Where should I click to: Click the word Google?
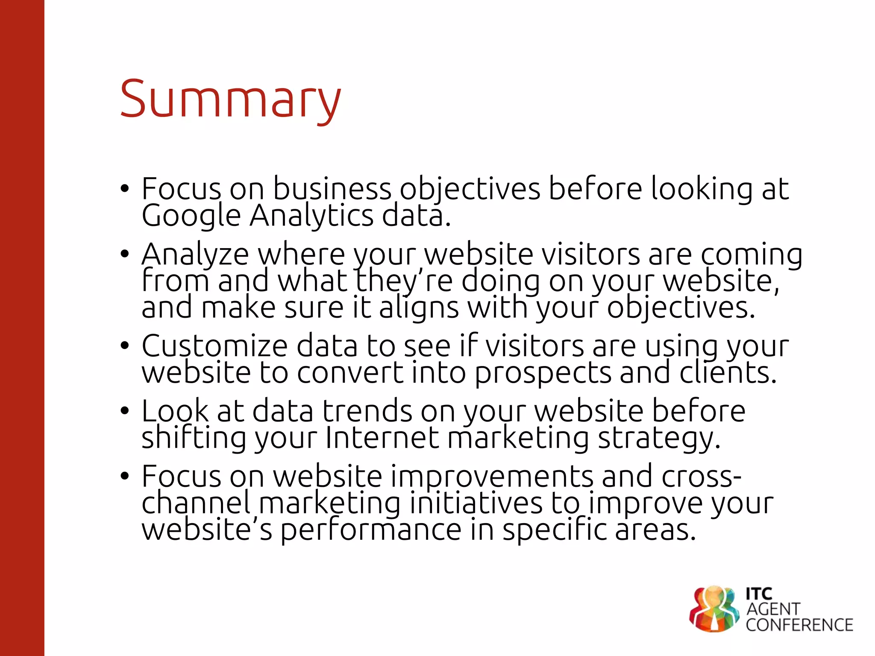point(191,216)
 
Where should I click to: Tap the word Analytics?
point(311,216)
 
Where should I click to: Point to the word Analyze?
point(195,255)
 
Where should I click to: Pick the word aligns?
point(419,308)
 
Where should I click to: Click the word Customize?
point(214,346)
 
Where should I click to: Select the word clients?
point(728,373)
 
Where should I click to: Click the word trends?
point(367,411)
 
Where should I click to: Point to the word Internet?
point(382,438)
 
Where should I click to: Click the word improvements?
point(492,477)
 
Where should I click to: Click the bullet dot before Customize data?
point(124,346)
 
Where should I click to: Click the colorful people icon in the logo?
point(714,609)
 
